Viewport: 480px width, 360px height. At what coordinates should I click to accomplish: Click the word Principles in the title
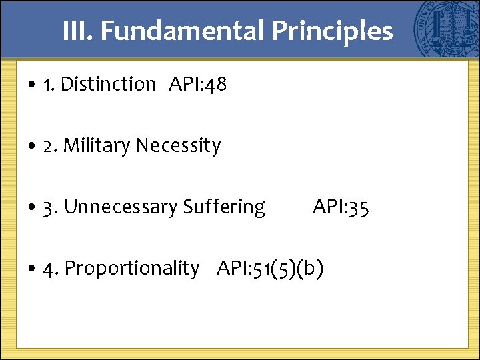click(x=331, y=31)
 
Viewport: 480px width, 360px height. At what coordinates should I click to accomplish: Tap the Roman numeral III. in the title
click(x=78, y=31)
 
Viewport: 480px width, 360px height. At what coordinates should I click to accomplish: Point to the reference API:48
click(x=198, y=85)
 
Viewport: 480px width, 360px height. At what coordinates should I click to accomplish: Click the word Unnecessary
click(x=121, y=207)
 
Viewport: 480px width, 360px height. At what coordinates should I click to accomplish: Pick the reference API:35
click(x=341, y=207)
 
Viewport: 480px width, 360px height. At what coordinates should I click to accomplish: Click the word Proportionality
click(x=132, y=269)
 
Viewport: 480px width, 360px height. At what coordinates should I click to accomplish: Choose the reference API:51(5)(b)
click(x=270, y=269)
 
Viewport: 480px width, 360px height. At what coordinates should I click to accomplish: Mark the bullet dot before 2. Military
click(x=33, y=147)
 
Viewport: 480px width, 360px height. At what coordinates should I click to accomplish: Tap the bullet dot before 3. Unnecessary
click(x=33, y=209)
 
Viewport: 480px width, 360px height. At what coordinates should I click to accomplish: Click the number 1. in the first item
click(x=49, y=85)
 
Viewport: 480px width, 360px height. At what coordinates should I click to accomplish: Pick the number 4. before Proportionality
click(x=51, y=269)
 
